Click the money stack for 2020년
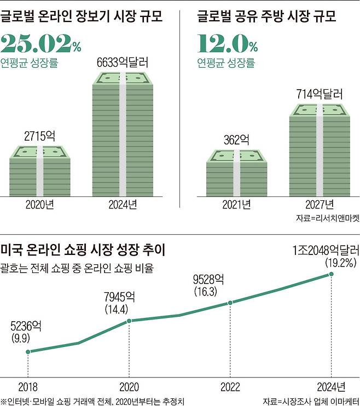[x=39, y=171]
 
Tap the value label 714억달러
[x=318, y=94]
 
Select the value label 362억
[x=236, y=140]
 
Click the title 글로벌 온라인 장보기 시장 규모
[x=83, y=15]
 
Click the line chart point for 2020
[x=129, y=321]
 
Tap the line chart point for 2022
[x=230, y=303]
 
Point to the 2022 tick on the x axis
[x=230, y=386]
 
